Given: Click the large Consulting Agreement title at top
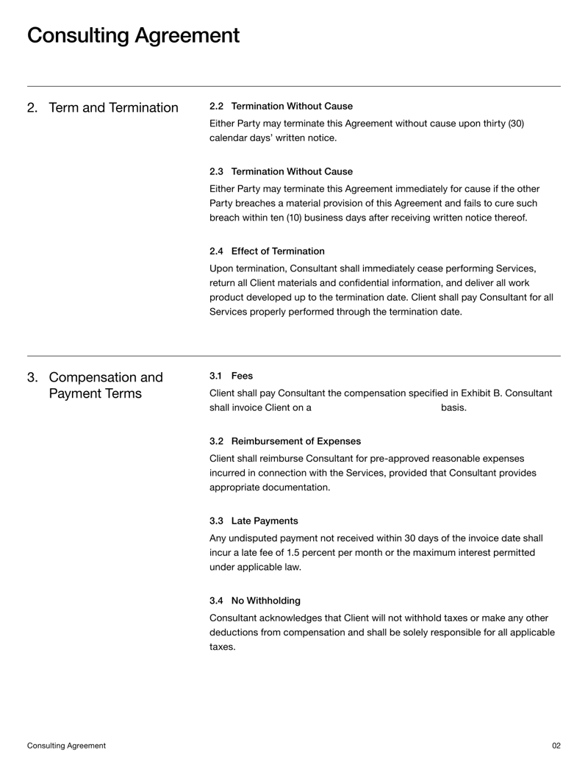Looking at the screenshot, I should click(x=133, y=35).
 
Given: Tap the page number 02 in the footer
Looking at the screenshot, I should click(x=556, y=745).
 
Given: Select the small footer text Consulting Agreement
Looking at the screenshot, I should click(x=66, y=745).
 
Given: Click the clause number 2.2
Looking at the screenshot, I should click(x=217, y=106).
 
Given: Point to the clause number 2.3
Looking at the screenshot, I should click(x=217, y=171).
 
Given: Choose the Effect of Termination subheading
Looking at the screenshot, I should click(x=277, y=251).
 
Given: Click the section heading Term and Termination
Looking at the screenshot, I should click(x=113, y=108).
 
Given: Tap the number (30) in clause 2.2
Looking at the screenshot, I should click(x=516, y=123).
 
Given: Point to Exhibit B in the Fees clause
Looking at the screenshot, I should click(x=470, y=393).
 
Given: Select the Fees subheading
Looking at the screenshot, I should click(x=242, y=376).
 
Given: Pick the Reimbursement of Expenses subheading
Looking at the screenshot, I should click(x=295, y=441).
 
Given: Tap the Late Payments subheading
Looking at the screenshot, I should click(x=264, y=521).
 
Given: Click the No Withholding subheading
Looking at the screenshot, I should click(x=265, y=601).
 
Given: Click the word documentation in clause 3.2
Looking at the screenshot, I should click(x=293, y=487).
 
